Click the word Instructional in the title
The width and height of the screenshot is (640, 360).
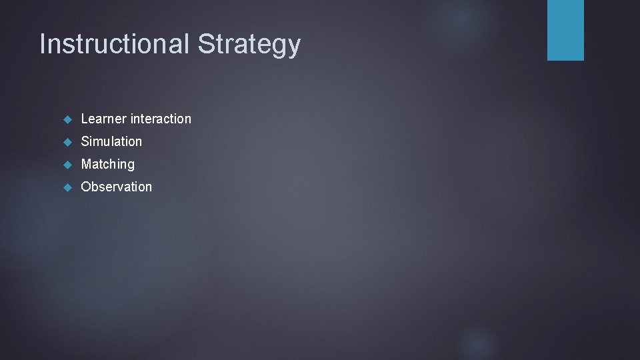coord(114,44)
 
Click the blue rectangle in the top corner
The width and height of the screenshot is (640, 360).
coord(565,29)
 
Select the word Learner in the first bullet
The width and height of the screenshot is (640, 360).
coord(104,119)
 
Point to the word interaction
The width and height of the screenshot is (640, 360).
coord(161,119)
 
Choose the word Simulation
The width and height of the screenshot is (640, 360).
coord(111,141)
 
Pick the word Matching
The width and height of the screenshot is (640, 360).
coord(107,165)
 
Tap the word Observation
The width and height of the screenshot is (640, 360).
coord(116,187)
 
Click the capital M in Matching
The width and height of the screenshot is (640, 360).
coord(86,164)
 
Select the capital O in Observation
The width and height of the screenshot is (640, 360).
coord(86,187)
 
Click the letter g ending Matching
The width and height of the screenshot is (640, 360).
coord(131,166)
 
